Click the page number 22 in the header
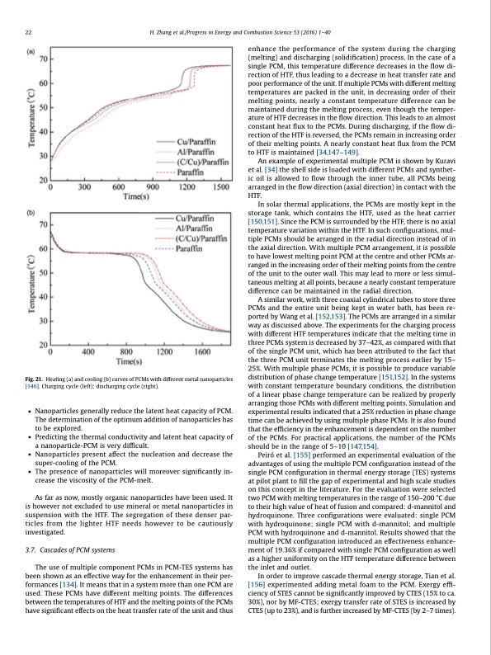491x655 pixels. [29, 32]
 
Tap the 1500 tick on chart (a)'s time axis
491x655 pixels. [220, 187]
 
